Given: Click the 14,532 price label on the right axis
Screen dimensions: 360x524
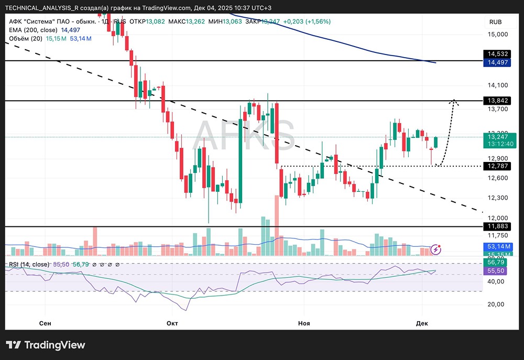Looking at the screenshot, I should pos(497,54).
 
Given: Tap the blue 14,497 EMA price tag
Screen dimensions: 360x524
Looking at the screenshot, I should pos(497,62).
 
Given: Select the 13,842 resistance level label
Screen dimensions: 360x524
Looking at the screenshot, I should pos(497,100).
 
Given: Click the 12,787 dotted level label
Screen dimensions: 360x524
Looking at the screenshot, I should pos(497,166).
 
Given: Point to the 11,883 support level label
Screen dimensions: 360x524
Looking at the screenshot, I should pos(497,226).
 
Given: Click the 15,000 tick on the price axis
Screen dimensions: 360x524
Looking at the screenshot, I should pos(498,35).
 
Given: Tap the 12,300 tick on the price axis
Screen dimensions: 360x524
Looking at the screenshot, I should pos(498,198).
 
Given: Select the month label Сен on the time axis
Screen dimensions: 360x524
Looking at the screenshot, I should pos(45,323).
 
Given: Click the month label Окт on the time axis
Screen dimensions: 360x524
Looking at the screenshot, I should pos(172,323).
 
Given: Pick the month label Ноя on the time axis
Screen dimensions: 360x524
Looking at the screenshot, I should pos(303,323).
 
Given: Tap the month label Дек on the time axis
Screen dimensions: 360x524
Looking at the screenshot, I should pos(422,323).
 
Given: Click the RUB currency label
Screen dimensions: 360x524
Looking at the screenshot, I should pos(496,21).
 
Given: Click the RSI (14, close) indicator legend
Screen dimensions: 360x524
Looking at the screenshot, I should pos(29,264).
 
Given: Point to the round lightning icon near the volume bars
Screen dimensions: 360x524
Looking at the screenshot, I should pos(436,249).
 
